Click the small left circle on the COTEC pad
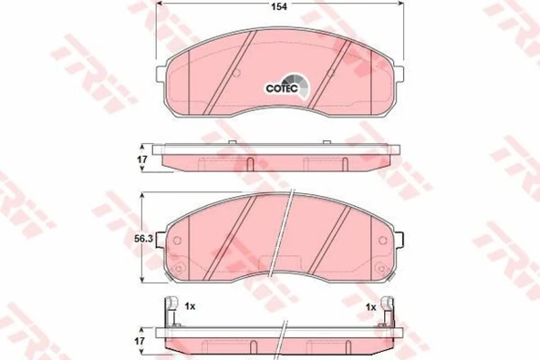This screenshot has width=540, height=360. [234, 72]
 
